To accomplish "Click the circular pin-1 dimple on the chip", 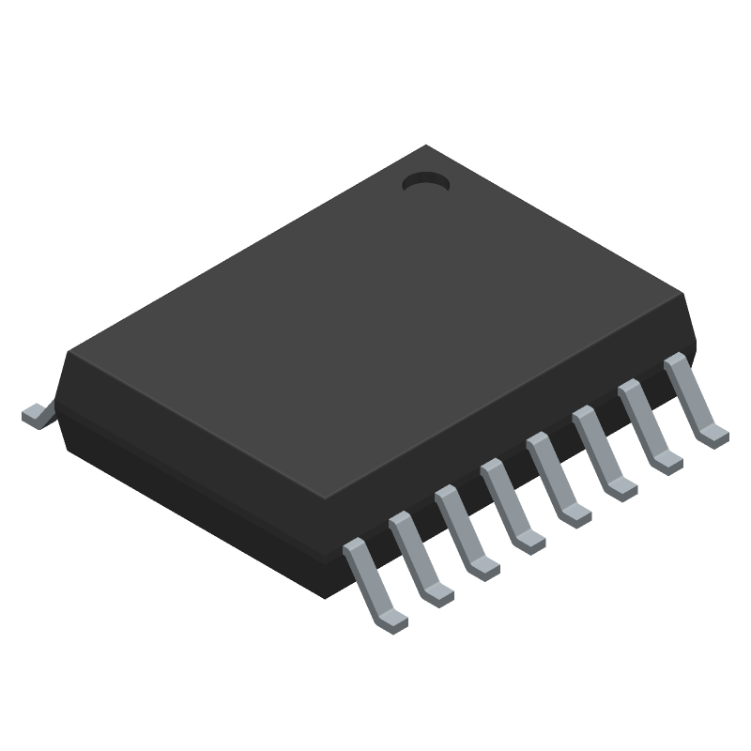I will [426, 183].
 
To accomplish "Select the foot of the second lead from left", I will [439, 594].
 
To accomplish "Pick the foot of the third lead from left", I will [485, 567].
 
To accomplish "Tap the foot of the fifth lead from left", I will [576, 513].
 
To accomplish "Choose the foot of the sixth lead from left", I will [622, 487].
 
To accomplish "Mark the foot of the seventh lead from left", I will [668, 461].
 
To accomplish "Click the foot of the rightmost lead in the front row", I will [713, 435].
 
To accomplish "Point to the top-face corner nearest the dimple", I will [428, 146].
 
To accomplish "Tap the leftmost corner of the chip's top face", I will [68, 353].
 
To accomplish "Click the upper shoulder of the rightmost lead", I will [674, 361].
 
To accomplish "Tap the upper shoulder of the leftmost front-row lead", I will [355, 547].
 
